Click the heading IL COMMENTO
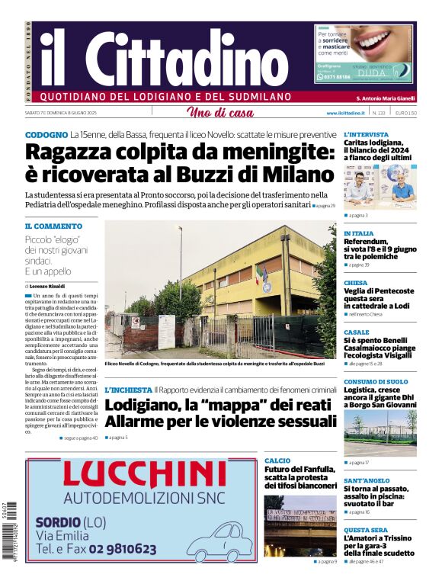53,226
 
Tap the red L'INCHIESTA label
128,390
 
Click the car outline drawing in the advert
219,544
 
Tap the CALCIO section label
277,461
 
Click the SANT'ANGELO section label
367,481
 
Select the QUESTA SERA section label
366,530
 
